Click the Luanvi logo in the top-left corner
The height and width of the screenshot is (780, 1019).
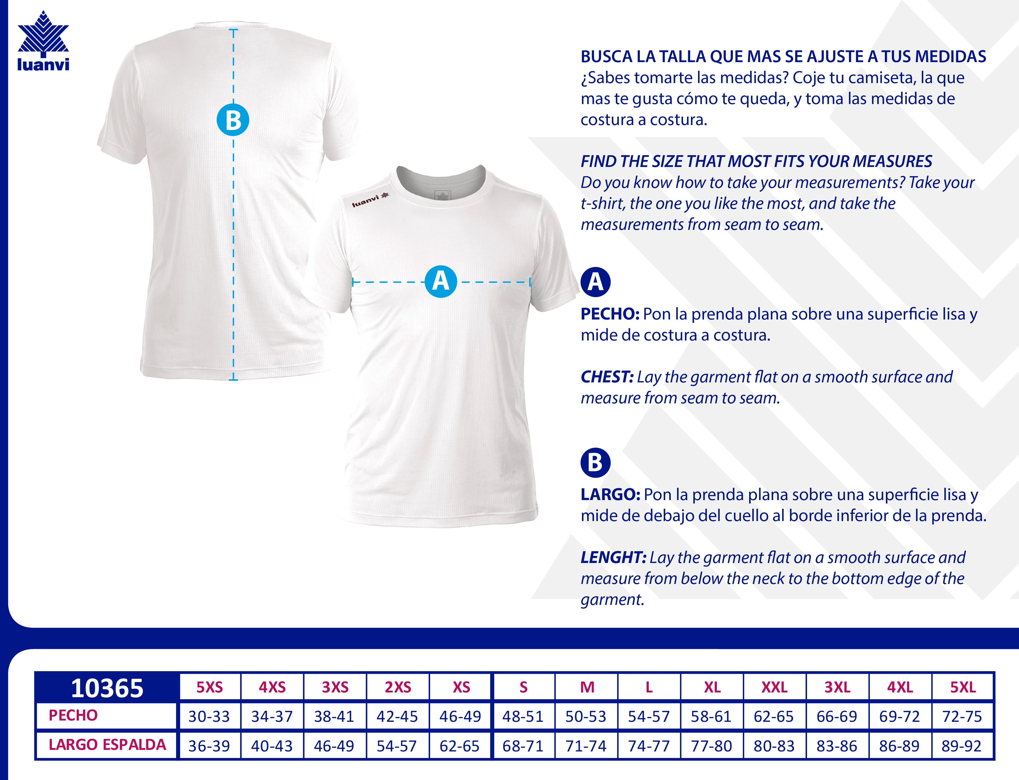tap(43, 42)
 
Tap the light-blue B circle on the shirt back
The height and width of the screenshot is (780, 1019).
tap(233, 120)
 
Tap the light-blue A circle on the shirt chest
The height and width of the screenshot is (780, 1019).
tap(441, 281)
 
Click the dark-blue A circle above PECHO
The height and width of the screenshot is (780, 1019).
tap(595, 282)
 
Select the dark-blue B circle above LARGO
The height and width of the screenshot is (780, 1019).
tap(595, 462)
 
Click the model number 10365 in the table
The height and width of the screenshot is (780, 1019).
tap(107, 687)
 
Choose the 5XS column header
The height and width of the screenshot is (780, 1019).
tap(210, 687)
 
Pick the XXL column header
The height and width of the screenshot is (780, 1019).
tap(775, 687)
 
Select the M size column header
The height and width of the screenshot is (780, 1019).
tap(587, 687)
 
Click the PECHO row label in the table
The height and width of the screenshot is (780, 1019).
tap(73, 716)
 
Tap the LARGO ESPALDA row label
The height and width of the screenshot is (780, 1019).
tap(107, 745)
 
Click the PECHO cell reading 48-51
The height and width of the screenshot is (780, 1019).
tap(523, 716)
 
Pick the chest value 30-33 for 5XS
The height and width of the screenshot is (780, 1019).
tap(209, 716)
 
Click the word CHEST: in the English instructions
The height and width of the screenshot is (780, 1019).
tap(607, 377)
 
